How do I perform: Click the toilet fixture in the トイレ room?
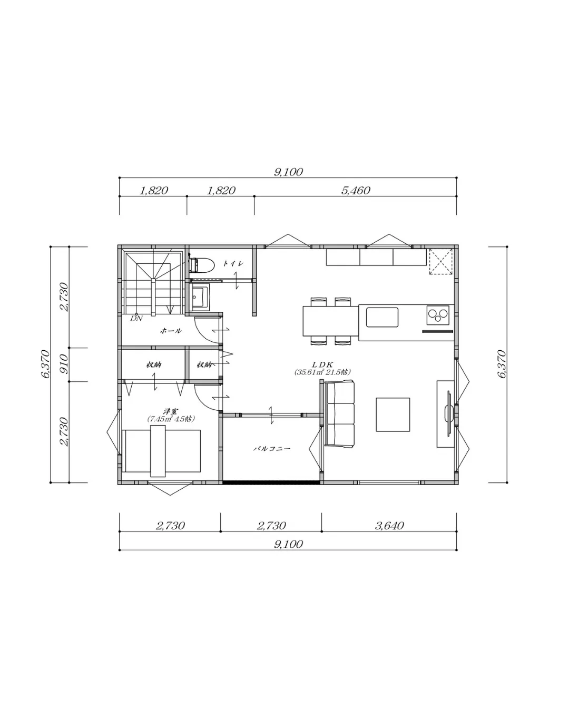coord(202,265)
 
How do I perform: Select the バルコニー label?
coord(272,449)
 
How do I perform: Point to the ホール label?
coord(170,331)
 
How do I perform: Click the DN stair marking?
coord(136,318)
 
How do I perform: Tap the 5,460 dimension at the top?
coord(356,190)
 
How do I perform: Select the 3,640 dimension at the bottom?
coord(389,526)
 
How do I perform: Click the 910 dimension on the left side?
coord(63,364)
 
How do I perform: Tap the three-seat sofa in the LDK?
coord(339,414)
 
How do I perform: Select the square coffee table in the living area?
coord(393,414)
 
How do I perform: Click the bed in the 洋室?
coord(162,450)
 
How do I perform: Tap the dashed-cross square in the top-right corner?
coord(440,261)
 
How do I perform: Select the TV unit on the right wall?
coord(446,413)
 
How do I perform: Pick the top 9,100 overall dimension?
coord(288,172)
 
